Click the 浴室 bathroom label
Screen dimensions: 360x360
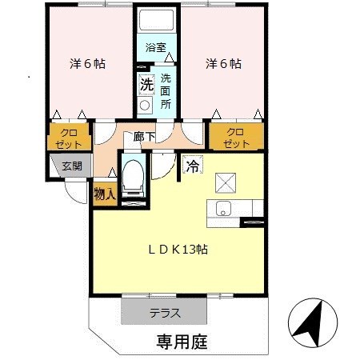click(156, 48)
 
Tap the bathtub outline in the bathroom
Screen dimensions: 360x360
click(157, 20)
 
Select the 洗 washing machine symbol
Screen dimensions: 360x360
click(147, 85)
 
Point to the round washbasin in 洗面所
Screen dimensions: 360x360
click(145, 106)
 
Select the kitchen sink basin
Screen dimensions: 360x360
click(223, 208)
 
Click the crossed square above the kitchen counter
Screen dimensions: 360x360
click(226, 182)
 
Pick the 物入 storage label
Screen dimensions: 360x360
click(105, 194)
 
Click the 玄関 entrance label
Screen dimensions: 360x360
click(72, 166)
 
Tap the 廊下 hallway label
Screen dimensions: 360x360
click(144, 137)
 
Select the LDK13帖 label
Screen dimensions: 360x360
click(178, 250)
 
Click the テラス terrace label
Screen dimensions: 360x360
click(166, 313)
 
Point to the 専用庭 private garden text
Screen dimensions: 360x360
click(182, 342)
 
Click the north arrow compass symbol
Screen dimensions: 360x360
click(313, 323)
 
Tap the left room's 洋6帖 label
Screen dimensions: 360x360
click(87, 64)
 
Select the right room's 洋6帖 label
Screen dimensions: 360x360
click(223, 64)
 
